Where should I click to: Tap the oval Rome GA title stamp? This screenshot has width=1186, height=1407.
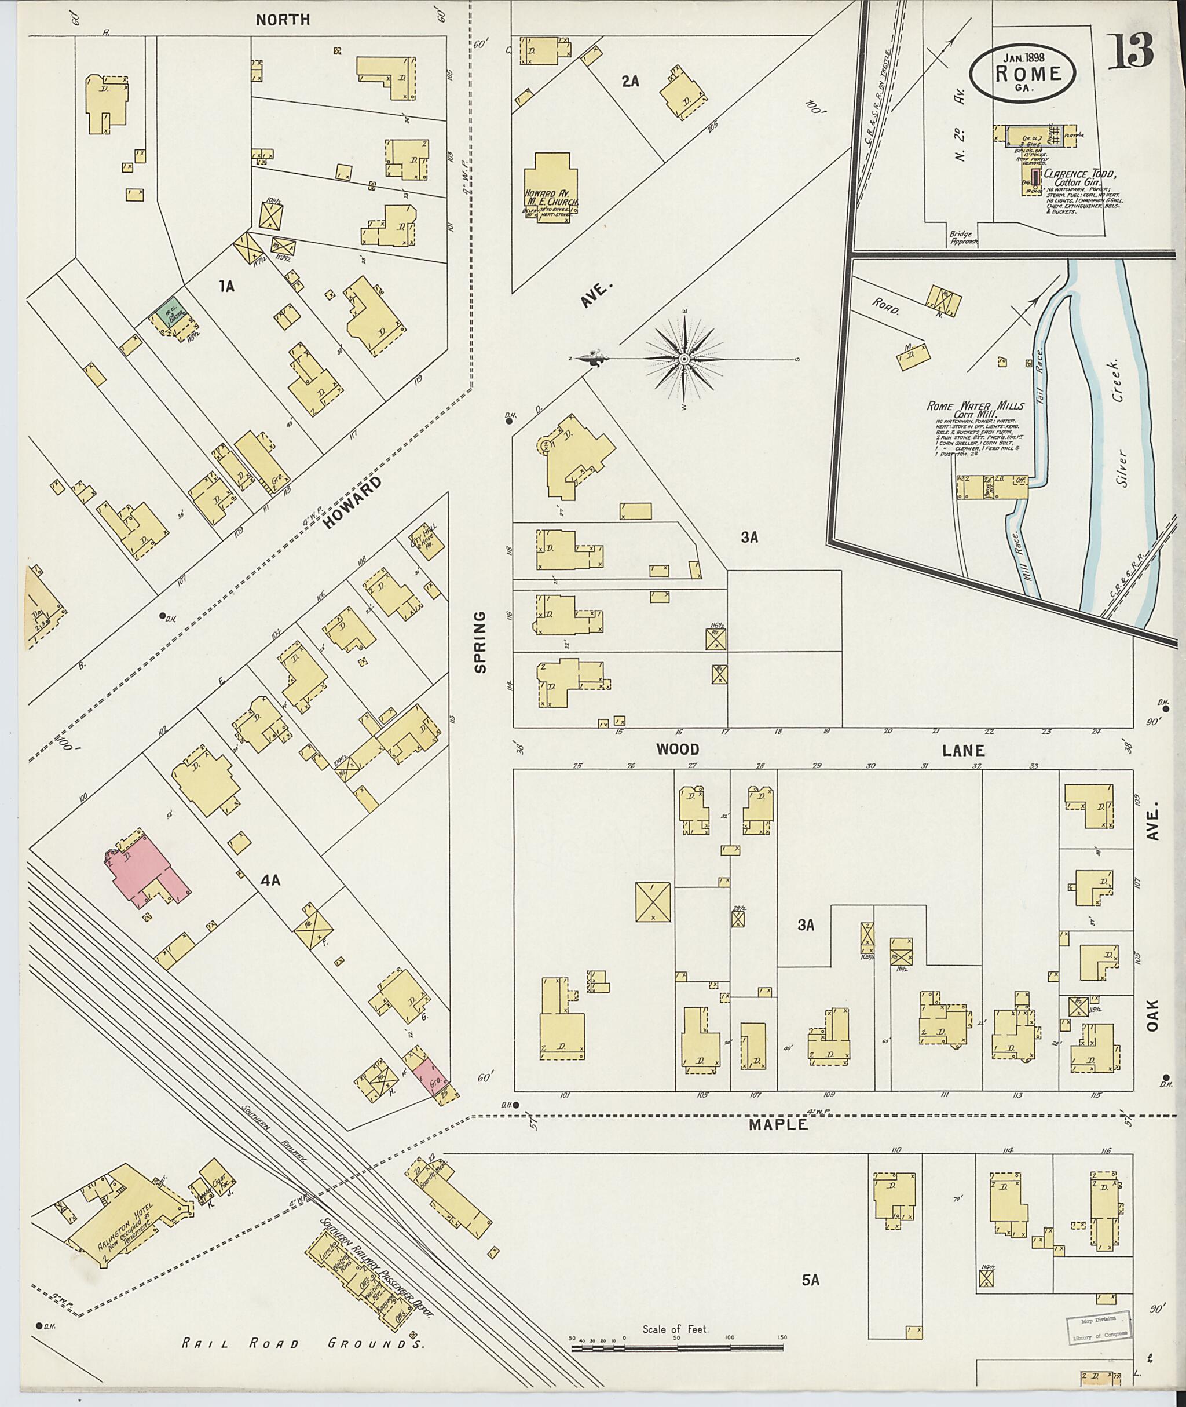tap(1023, 74)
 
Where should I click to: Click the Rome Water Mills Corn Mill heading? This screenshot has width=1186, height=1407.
tap(975, 411)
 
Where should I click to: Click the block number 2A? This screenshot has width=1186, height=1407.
tap(630, 82)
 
